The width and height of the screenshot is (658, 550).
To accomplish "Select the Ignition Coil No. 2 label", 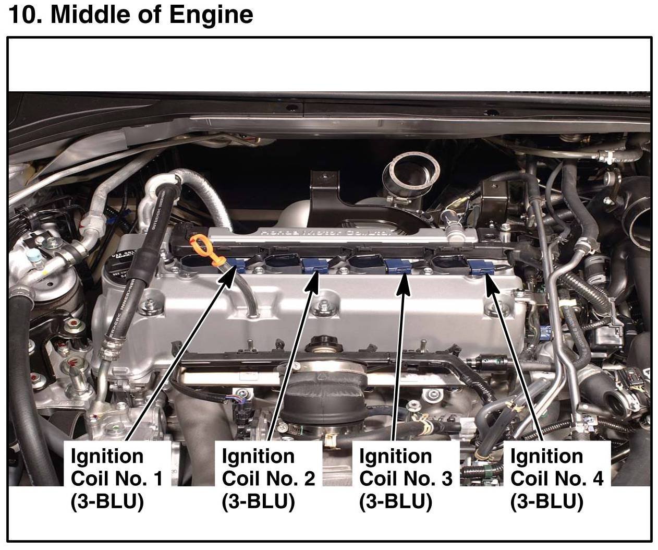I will coord(268,479).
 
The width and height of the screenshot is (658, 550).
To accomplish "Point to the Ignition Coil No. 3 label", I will coord(405,479).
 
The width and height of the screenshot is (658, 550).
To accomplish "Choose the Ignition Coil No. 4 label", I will coord(556,479).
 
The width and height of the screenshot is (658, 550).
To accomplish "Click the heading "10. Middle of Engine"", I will coord(131,14).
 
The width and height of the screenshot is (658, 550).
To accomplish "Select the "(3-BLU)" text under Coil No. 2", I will coord(258,502).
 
